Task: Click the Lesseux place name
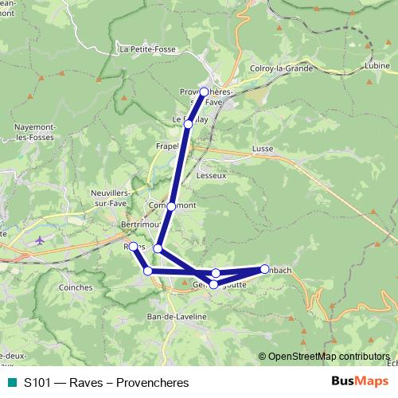pyautogui.click(x=211, y=175)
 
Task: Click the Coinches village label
pyautogui.click(x=76, y=287)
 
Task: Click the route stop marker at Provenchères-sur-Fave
pyautogui.click(x=205, y=92)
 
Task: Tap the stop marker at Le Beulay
pyautogui.click(x=189, y=124)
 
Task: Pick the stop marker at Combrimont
pyautogui.click(x=170, y=206)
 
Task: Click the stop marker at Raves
pyautogui.click(x=134, y=247)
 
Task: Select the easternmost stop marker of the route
pyautogui.click(x=264, y=268)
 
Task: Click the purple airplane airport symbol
pyautogui.click(x=40, y=239)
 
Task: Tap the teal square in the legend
pyautogui.click(x=11, y=382)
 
